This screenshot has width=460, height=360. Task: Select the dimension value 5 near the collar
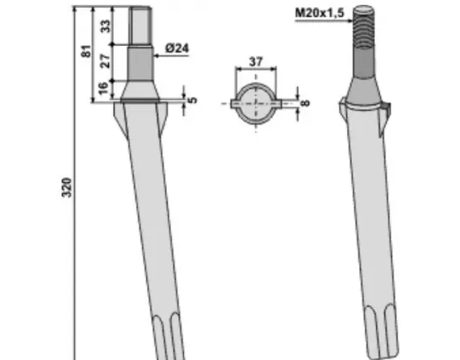[192, 100]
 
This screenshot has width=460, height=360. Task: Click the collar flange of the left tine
[143, 101]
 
